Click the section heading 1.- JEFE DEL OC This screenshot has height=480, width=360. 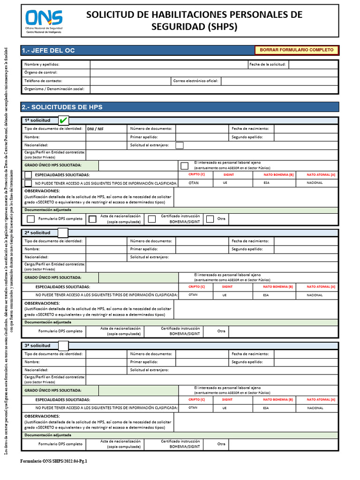pos(48,50)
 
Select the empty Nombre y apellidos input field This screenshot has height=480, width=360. pos(169,64)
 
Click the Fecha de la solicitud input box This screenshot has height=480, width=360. pos(313,64)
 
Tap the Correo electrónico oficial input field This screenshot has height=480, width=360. pos(279,81)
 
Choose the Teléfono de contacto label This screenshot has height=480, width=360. pos(43,81)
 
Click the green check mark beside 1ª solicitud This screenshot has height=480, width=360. pos(63,120)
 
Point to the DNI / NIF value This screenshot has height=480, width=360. pos(96,128)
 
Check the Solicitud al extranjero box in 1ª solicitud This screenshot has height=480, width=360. pos(180,145)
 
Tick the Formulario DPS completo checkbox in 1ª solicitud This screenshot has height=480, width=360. pos(31,219)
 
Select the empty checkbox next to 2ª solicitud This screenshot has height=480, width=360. pos(63,233)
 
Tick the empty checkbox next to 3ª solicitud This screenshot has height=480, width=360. pos(63,345)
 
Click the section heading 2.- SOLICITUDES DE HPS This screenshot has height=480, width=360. pos(62,107)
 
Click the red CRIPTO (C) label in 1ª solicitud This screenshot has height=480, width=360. pos(196,174)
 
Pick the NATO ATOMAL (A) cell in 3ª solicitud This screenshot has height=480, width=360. pos(321,399)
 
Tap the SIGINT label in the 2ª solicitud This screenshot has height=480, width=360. pos(227,286)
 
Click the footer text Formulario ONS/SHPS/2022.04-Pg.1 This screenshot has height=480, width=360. pos(53,461)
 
